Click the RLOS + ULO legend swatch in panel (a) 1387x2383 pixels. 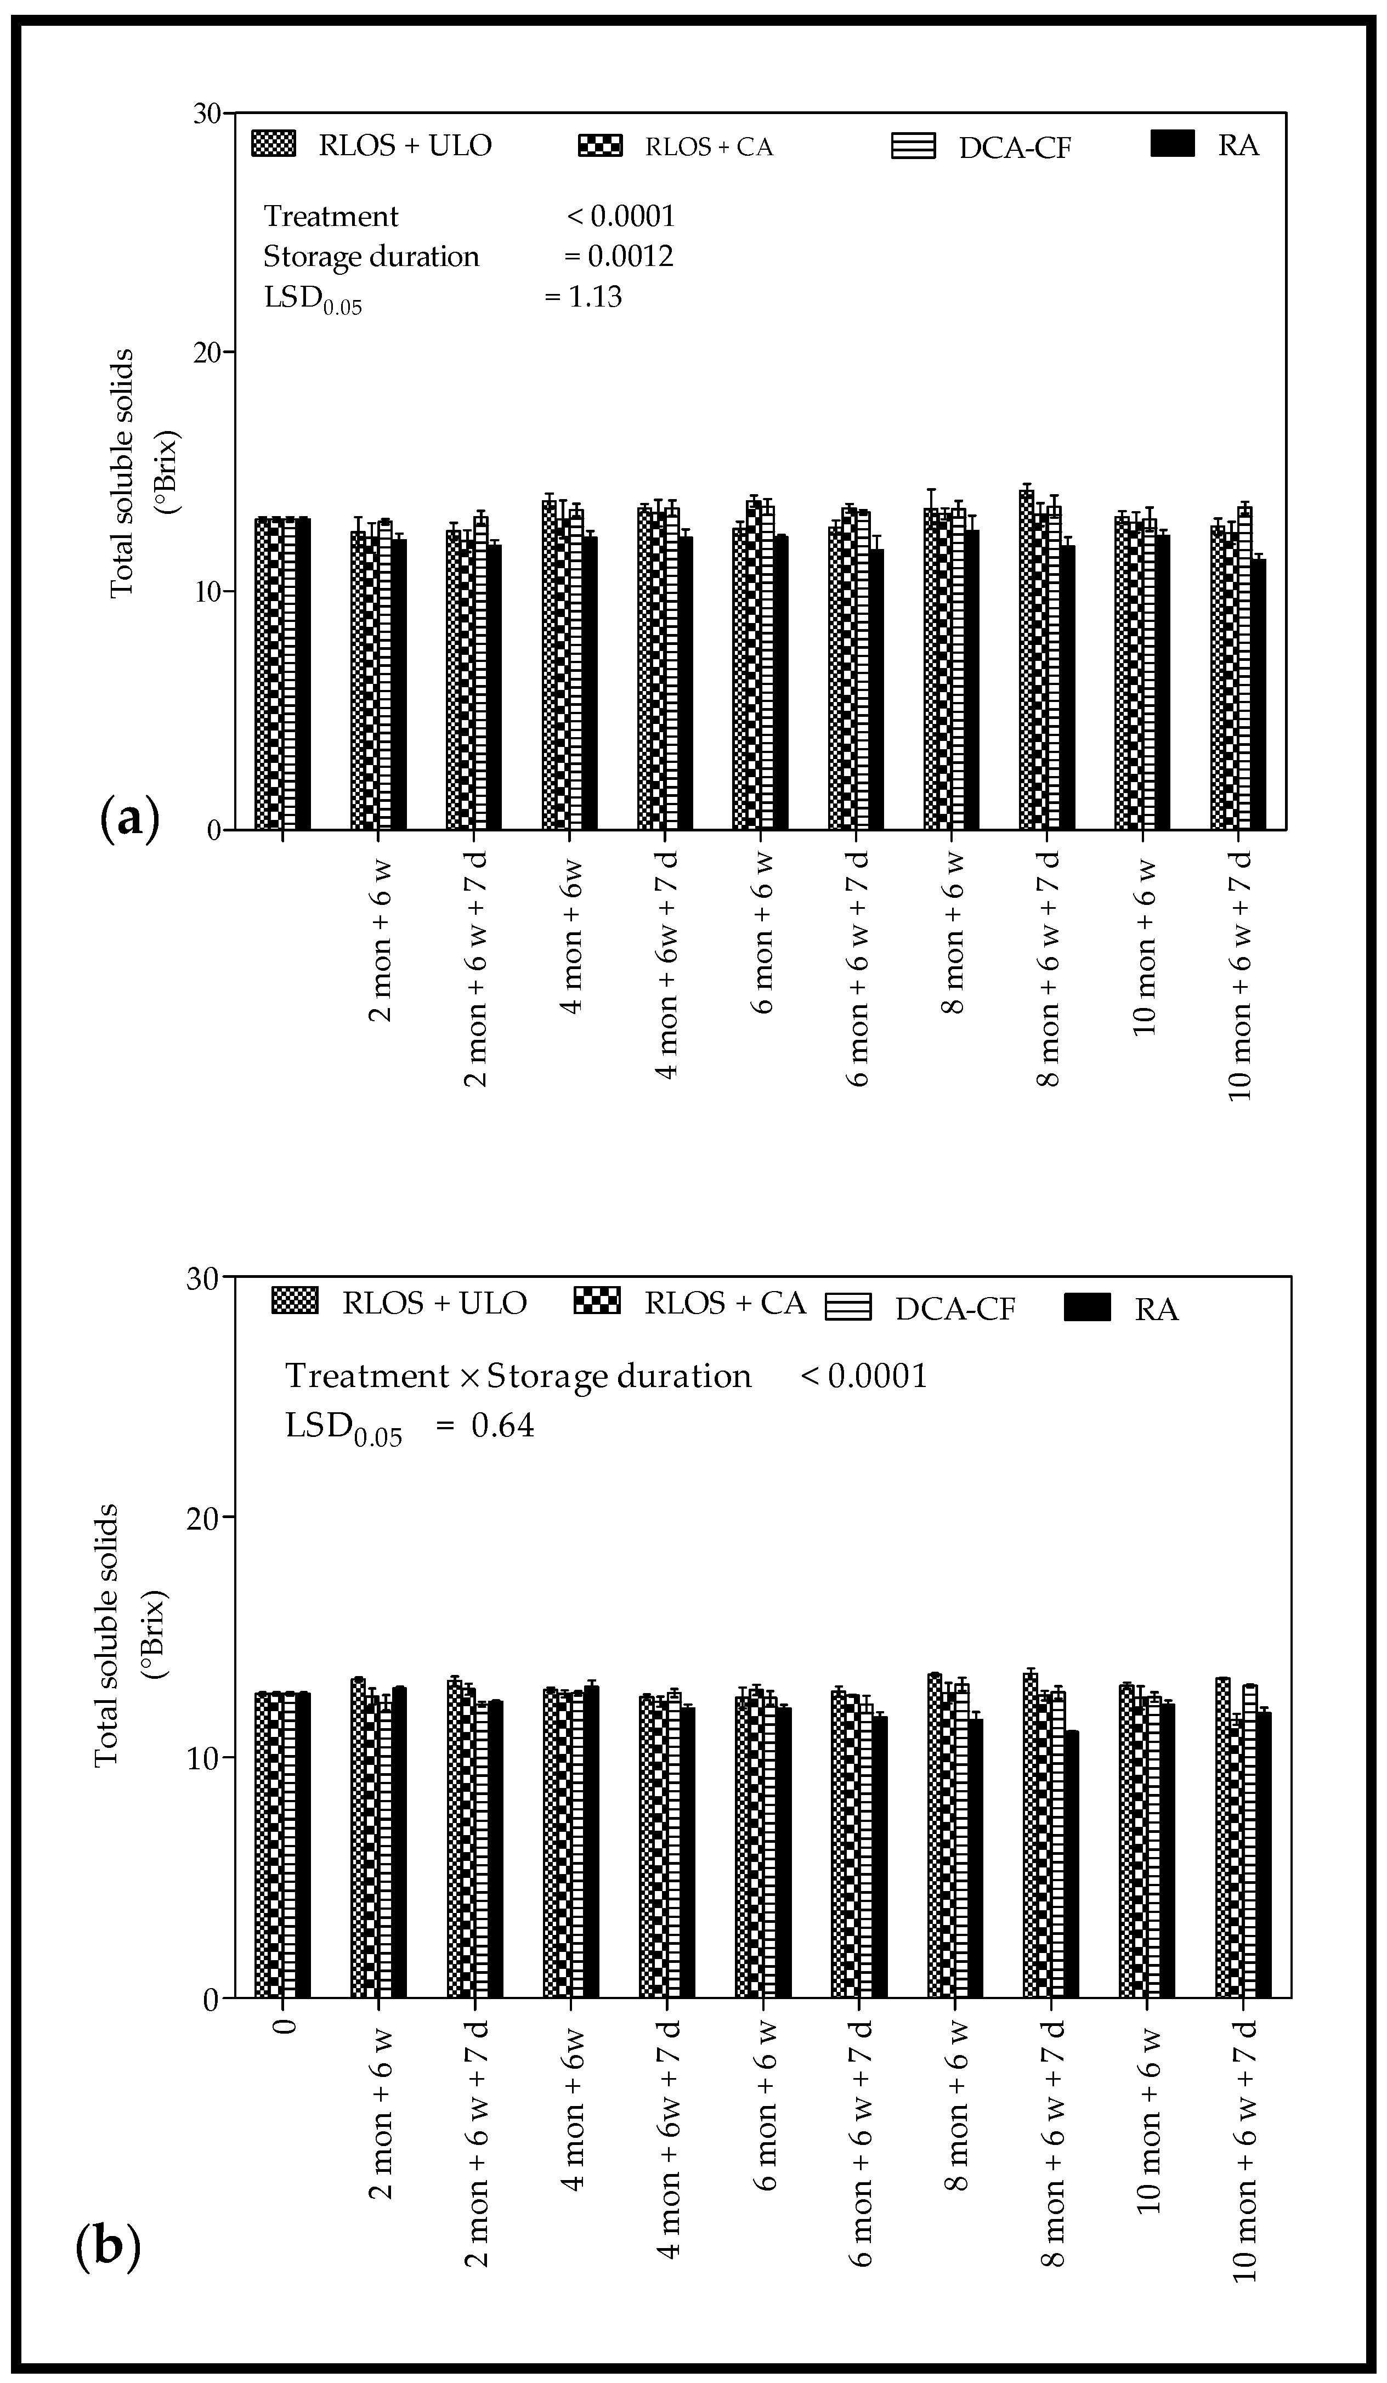[273, 145]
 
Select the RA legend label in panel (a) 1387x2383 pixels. [1238, 146]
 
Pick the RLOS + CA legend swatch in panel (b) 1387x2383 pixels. [597, 1302]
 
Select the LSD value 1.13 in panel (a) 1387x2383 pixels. [596, 297]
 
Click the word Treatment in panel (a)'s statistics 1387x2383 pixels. [331, 217]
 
